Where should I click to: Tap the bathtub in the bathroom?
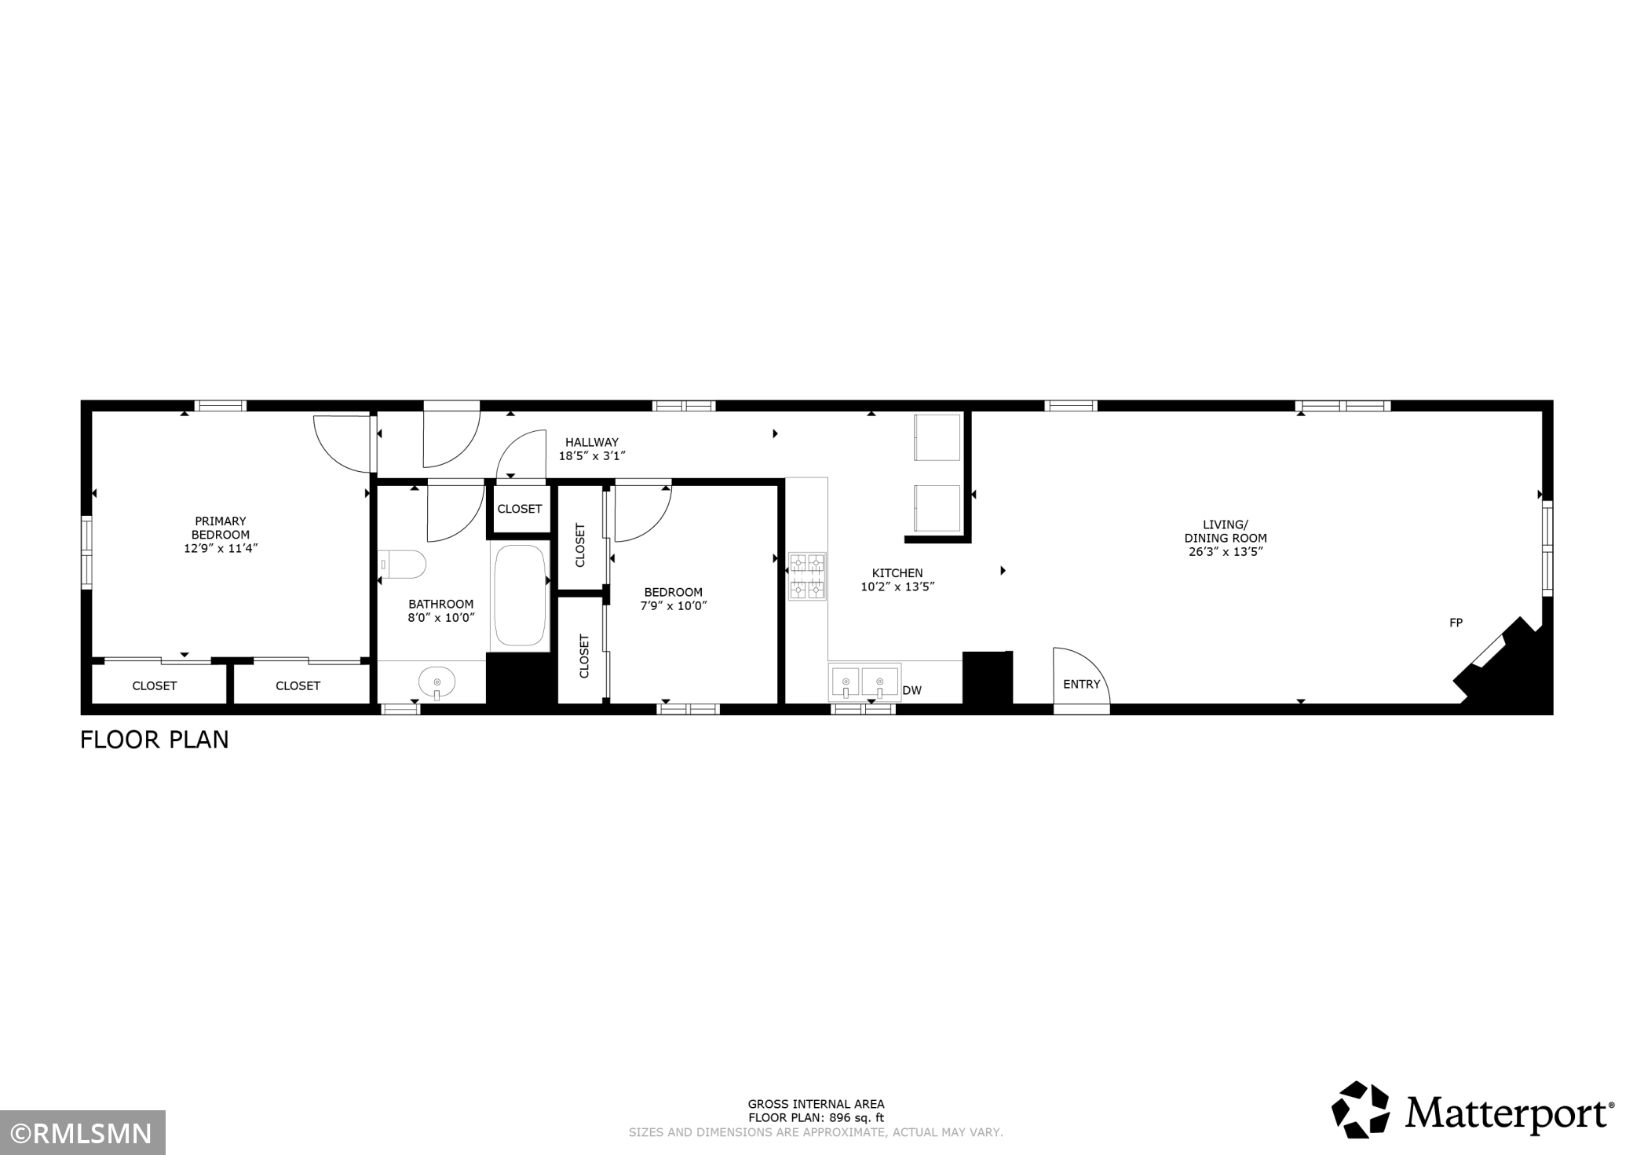(x=520, y=595)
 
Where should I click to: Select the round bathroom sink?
(x=437, y=682)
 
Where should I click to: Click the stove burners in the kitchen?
(x=807, y=576)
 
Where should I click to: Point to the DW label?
(x=912, y=691)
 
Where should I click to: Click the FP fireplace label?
(x=1456, y=623)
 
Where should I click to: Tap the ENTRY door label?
(x=1081, y=684)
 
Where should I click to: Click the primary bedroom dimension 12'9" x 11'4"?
(x=221, y=548)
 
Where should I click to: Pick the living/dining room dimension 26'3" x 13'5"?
(x=1226, y=551)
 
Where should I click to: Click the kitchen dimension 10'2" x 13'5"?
(x=897, y=587)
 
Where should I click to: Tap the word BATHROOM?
(x=440, y=604)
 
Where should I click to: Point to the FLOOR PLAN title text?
(x=155, y=740)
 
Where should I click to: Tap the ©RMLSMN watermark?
(x=82, y=1133)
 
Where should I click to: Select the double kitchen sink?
(x=864, y=682)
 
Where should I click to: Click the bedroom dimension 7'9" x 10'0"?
(x=674, y=605)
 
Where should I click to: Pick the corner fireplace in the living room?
(x=1503, y=665)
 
